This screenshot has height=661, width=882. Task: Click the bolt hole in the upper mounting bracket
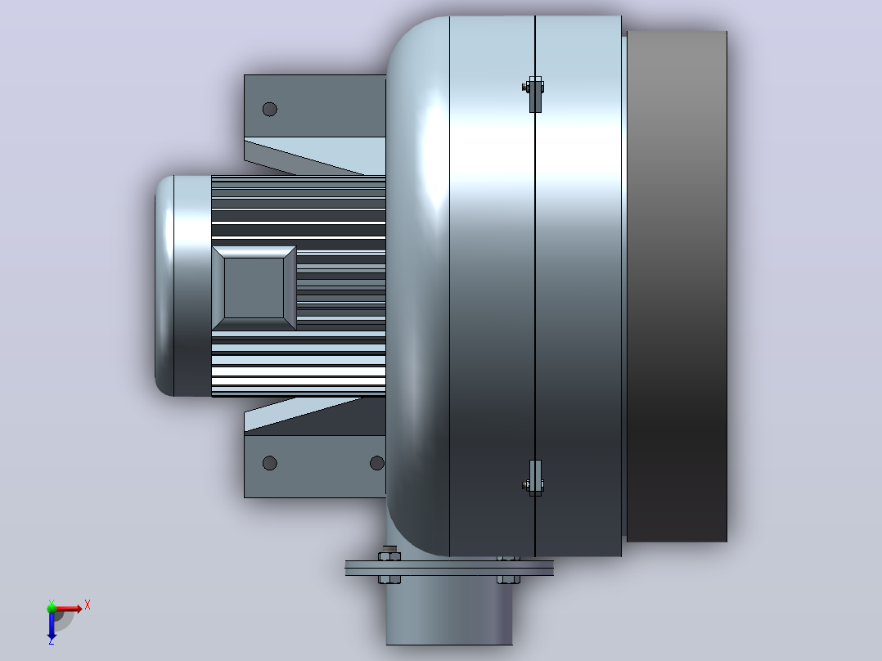pos(269,109)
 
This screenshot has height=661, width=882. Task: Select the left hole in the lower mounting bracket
pos(269,463)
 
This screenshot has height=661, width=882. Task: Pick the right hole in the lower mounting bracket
pos(377,463)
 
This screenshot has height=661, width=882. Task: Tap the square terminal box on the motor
pos(254,288)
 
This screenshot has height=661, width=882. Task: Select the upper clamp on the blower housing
pos(533,94)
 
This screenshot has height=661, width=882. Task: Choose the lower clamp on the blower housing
pos(533,479)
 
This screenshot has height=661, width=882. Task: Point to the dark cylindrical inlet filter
pos(677,286)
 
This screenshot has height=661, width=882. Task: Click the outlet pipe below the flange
pos(449,611)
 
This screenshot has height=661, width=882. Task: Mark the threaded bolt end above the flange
pos(389,549)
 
